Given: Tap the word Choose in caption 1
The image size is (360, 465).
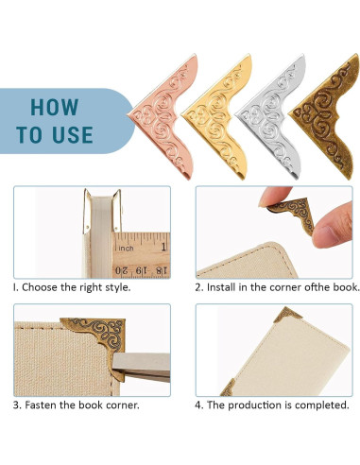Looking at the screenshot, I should point(41,286).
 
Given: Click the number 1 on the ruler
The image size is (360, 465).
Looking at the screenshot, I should point(163,248).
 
